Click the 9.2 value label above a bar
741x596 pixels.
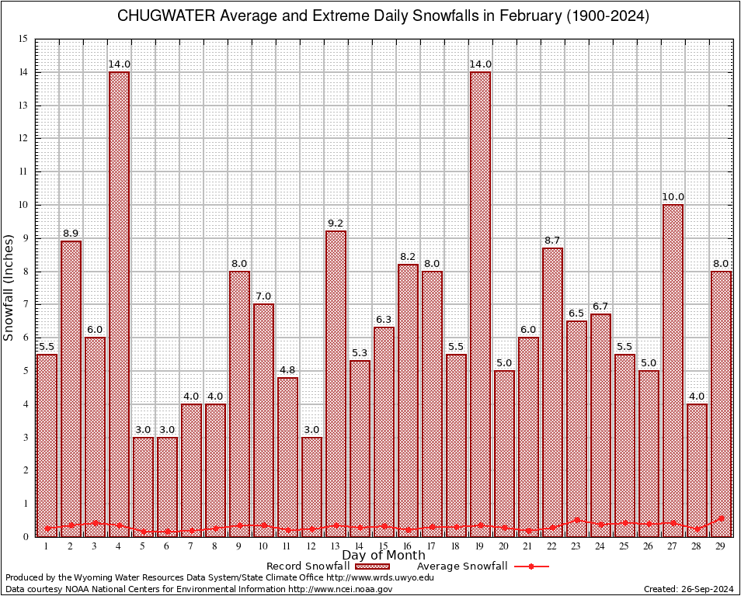point(336,223)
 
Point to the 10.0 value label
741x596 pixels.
point(673,197)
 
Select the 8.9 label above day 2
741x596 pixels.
point(71,234)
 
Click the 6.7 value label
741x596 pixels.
point(600,307)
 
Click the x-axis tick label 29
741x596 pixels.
point(721,547)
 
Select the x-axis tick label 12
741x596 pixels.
point(311,547)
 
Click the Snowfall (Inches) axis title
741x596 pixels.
point(9,287)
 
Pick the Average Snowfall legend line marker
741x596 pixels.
point(531,567)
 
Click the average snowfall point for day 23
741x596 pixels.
point(576,520)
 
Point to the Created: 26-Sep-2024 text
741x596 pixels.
point(689,590)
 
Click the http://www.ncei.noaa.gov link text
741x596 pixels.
point(340,590)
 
